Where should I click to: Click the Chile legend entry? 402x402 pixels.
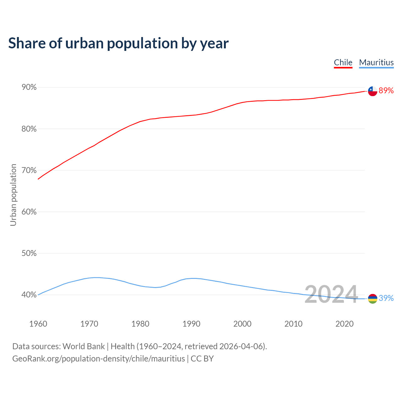[x=343, y=62]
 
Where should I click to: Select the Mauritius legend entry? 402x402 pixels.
[x=376, y=62]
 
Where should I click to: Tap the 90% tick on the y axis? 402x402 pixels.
[x=29, y=87]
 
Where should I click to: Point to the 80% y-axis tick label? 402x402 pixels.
[x=29, y=129]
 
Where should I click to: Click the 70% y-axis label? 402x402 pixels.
[x=29, y=170]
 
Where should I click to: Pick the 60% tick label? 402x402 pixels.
[x=29, y=212]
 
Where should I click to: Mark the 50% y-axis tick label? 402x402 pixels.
[x=29, y=253]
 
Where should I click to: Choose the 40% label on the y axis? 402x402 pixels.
[x=29, y=295]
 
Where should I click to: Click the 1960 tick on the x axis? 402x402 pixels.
[x=38, y=324]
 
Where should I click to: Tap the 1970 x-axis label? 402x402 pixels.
[x=90, y=324]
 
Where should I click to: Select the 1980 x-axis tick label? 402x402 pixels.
[x=140, y=324]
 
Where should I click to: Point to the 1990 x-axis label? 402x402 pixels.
[x=192, y=324]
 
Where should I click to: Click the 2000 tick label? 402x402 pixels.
[x=242, y=324]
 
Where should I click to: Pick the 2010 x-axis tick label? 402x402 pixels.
[x=294, y=324]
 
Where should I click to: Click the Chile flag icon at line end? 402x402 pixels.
[x=372, y=91]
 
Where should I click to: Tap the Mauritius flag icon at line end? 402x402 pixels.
[x=372, y=299]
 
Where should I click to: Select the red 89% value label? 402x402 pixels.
[x=386, y=91]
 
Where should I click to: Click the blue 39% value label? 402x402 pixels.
[x=386, y=298]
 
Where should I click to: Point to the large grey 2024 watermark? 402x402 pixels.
[x=331, y=294]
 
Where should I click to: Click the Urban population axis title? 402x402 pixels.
[x=13, y=195]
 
